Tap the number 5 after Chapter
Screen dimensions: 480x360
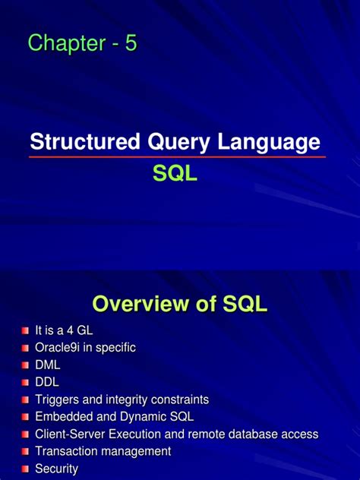pyautogui.click(x=131, y=44)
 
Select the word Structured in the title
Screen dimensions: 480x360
pyautogui.click(x=79, y=141)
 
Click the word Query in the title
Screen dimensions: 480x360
pyautogui.click(x=172, y=142)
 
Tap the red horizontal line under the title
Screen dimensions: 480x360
pyautogui.click(x=177, y=157)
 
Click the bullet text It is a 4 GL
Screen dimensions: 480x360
pyautogui.click(x=65, y=330)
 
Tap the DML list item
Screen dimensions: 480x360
pyautogui.click(x=47, y=365)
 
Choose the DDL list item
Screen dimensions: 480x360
pyautogui.click(x=47, y=382)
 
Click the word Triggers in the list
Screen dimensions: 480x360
pyautogui.click(x=57, y=399)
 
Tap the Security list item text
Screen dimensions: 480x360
pyautogui.click(x=57, y=469)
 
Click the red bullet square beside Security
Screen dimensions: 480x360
pyautogui.click(x=25, y=469)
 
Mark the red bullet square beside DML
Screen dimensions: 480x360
pyautogui.click(x=25, y=365)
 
